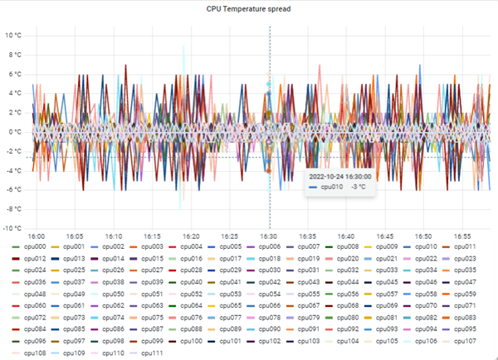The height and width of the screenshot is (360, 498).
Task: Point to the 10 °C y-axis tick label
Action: click(x=14, y=36)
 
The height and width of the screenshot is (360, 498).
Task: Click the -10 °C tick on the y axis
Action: click(x=13, y=228)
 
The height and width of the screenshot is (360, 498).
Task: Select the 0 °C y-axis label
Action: click(x=16, y=132)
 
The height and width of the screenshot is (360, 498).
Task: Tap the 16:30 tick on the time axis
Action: click(x=269, y=236)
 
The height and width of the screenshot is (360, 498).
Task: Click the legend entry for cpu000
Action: click(x=31, y=246)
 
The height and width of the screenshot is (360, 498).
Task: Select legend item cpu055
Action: click(x=305, y=294)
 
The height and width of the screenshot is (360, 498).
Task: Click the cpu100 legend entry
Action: click(x=192, y=341)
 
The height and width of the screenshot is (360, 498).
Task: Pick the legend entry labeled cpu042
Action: click(x=266, y=282)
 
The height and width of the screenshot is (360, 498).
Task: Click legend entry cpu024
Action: click(x=31, y=270)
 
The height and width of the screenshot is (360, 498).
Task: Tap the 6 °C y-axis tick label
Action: click(x=16, y=74)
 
